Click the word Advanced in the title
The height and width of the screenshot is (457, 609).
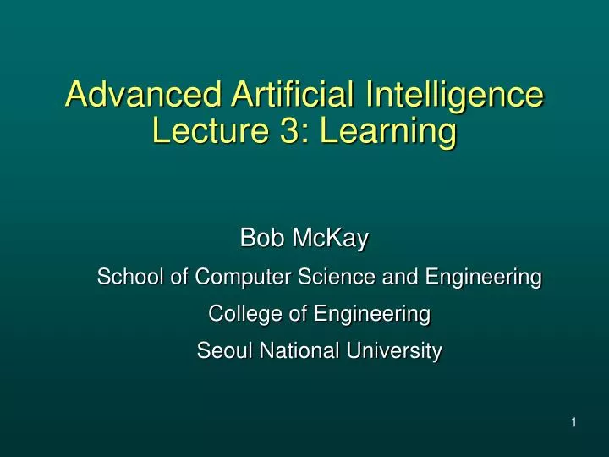(139, 95)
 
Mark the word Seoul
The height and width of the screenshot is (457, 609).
(220, 350)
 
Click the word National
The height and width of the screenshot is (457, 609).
(291, 350)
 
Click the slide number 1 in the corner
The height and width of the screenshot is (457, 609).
(573, 421)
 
